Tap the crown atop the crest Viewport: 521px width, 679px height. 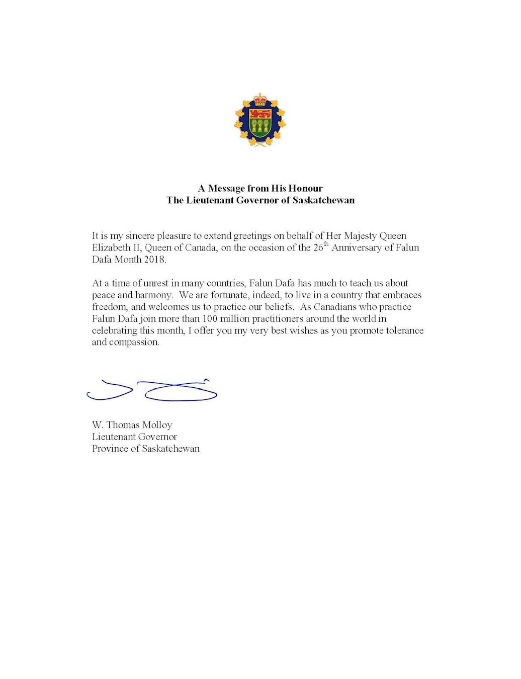tap(260, 98)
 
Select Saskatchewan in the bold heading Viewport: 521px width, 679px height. tap(323, 200)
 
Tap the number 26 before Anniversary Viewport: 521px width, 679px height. tap(318, 247)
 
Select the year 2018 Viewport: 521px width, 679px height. tap(152, 260)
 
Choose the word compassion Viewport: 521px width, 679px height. tap(134, 343)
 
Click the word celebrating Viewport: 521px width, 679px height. tap(114, 330)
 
